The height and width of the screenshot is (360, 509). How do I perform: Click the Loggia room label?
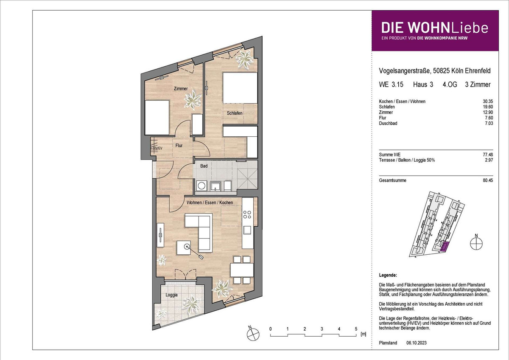(171, 295)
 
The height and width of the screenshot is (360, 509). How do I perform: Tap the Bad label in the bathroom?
(204, 166)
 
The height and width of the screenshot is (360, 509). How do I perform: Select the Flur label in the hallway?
(179, 145)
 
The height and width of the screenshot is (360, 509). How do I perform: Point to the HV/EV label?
(157, 148)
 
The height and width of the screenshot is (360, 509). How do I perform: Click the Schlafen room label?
(235, 113)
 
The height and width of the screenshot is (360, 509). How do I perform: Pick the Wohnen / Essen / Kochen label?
(210, 202)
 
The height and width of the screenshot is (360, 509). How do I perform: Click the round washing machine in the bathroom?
(201, 186)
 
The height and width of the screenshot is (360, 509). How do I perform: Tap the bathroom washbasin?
(215, 186)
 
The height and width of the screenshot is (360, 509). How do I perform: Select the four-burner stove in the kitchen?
(247, 215)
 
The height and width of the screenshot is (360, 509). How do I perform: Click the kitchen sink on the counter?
(247, 230)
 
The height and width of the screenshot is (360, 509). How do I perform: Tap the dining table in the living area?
(242, 270)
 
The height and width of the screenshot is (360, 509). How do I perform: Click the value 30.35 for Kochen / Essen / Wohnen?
(488, 101)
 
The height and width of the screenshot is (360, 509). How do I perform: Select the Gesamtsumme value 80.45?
(488, 180)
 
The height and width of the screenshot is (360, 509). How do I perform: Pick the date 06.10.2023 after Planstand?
(417, 343)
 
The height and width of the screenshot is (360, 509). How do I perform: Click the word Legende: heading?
(388, 275)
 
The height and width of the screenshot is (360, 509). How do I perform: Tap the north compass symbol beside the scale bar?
(253, 335)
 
